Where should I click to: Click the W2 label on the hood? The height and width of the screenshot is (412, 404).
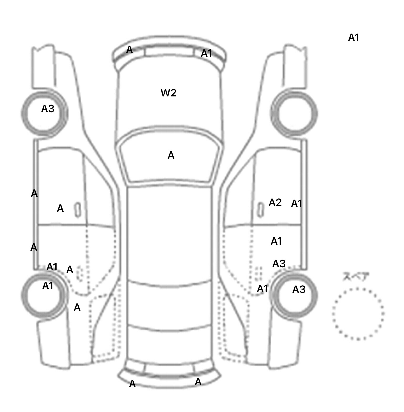168,93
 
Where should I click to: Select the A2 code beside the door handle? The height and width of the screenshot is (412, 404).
275,202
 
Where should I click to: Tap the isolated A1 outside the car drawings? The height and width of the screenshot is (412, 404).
353,38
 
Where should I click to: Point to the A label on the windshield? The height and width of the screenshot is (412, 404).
171,155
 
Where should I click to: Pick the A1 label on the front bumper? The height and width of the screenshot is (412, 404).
206,53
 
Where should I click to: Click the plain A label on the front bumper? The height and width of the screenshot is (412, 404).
129,49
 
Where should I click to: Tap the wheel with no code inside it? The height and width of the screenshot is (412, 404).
294,114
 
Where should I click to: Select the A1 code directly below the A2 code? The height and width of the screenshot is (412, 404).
276,241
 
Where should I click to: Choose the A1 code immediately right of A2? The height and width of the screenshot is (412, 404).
296,204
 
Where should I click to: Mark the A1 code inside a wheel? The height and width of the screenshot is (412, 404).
48,286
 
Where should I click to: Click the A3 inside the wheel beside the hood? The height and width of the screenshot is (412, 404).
48,109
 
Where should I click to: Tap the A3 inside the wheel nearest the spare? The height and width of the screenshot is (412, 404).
299,289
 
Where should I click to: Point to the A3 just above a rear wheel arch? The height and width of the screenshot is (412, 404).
279,264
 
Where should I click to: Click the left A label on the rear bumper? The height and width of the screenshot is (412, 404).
132,384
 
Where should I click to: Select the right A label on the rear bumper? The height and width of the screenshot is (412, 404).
198,382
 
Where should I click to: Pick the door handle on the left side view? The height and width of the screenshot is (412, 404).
78,210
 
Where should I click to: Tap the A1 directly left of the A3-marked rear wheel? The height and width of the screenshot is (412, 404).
262,289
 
